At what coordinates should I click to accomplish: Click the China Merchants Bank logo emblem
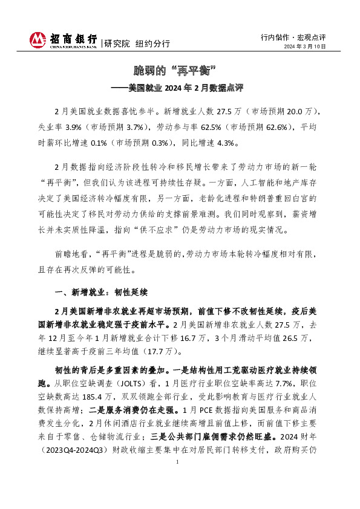38,40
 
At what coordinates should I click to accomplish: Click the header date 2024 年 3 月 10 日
306,47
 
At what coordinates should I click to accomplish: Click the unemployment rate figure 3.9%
75,128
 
